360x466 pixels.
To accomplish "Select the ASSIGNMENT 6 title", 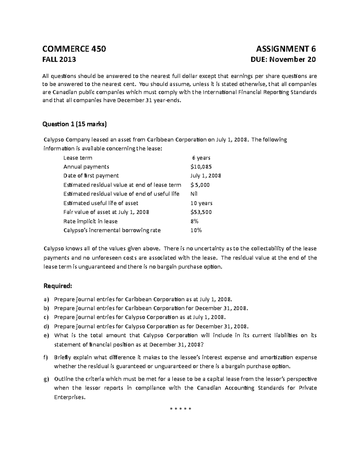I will tap(286, 49).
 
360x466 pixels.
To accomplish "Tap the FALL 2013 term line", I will tap(60, 59).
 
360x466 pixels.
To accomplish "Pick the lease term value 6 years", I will tap(201, 158).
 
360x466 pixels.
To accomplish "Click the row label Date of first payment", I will tap(91, 176).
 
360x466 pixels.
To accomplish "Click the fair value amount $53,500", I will tap(201, 212).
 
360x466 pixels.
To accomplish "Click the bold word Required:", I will tap(58, 286).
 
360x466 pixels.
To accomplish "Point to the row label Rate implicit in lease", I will tap(91, 221).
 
